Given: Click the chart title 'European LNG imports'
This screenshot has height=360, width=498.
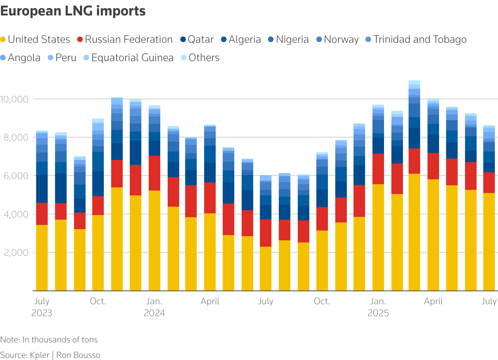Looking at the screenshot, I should (x=73, y=11).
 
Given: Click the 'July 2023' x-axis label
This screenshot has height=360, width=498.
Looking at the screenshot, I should (x=42, y=307).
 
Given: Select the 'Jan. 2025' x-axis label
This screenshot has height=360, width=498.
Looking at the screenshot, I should (x=378, y=307).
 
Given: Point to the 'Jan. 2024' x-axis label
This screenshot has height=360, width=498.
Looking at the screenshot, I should (x=154, y=307).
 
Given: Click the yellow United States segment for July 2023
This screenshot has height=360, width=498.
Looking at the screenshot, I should (x=42, y=258).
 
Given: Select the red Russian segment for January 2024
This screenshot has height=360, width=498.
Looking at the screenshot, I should (x=154, y=173).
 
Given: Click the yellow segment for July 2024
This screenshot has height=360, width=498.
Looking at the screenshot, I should (x=265, y=269).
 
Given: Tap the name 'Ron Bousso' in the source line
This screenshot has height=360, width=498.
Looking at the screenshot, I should (x=78, y=355).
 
